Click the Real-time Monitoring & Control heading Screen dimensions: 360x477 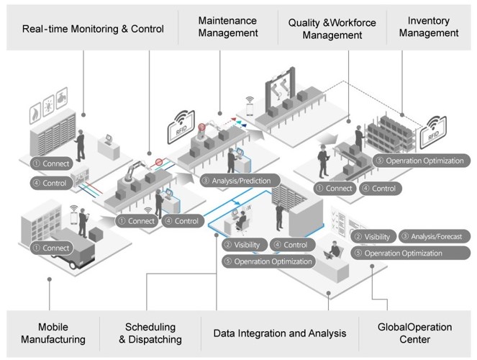[93, 30]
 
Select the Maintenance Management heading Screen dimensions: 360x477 [228, 27]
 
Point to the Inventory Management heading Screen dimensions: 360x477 [429, 27]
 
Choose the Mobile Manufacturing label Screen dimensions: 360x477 [53, 333]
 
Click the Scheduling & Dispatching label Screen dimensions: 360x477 [150, 333]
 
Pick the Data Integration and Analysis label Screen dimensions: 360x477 [280, 333]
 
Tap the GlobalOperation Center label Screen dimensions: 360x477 [414, 333]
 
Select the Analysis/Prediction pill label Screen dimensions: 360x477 [237, 181]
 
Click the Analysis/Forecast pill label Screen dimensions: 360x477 [435, 236]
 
